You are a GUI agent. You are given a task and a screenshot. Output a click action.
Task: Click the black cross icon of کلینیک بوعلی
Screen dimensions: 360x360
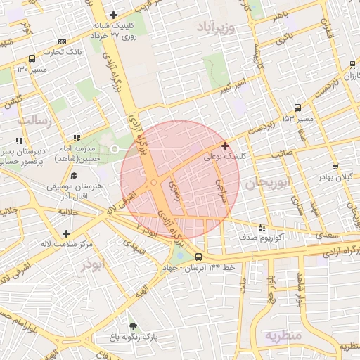tap(225, 146)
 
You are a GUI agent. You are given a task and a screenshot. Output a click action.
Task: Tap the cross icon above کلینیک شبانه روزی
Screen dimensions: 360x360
tap(113, 15)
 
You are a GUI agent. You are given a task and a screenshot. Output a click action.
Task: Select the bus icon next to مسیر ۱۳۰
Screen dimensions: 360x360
tap(32, 59)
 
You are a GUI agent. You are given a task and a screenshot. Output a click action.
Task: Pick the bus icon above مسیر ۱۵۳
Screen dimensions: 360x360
tap(298, 108)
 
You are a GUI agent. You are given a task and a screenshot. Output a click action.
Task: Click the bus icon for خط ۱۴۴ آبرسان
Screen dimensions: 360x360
tap(198, 257)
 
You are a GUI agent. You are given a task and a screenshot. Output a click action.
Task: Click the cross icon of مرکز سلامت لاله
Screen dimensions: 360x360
tap(66, 233)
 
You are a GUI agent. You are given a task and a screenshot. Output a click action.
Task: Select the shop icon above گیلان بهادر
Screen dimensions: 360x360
tap(335, 167)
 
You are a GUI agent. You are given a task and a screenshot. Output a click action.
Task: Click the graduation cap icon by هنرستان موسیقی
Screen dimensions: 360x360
tap(75, 176)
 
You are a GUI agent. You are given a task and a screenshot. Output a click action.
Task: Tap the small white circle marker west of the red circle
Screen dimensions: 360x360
tap(115, 148)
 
